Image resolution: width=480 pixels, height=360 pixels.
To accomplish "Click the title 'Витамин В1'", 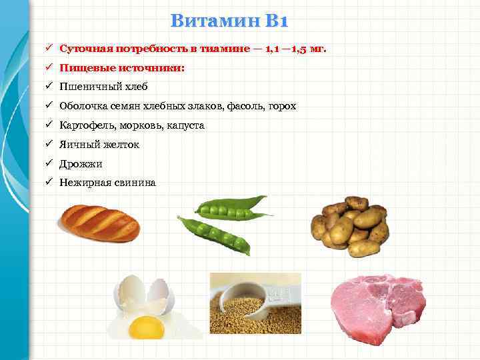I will [229, 21].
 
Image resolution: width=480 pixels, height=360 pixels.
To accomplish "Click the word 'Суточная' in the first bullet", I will [86, 49].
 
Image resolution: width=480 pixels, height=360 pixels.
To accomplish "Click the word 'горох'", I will [281, 106].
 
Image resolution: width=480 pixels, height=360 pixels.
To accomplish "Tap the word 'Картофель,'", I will [87, 125].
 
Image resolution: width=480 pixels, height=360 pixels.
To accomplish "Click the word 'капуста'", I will [186, 125].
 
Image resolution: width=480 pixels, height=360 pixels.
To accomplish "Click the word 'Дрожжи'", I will [81, 163].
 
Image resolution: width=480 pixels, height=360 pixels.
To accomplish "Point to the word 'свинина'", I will [133, 182].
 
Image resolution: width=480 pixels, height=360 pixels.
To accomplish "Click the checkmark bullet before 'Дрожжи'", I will [50, 163].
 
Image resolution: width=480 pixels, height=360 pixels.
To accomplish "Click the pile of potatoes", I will [350, 227].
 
